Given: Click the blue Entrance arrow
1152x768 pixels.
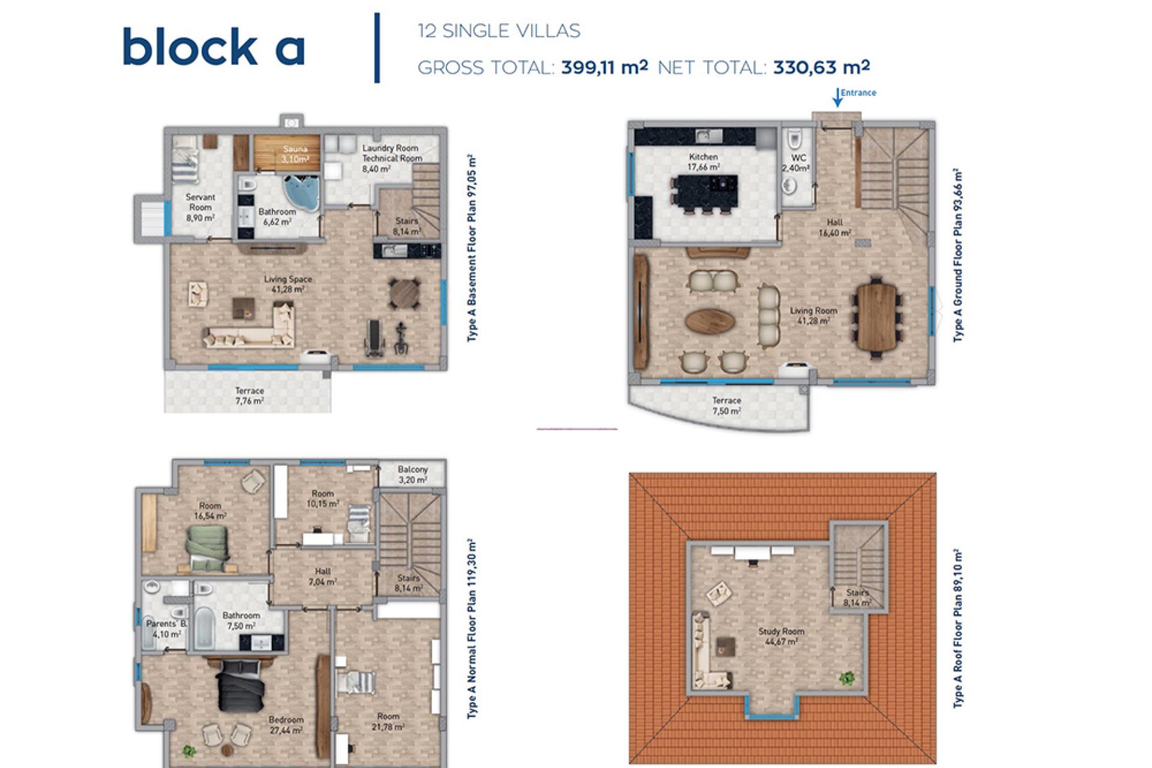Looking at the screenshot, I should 838,98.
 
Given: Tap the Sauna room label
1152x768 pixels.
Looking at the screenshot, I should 295,154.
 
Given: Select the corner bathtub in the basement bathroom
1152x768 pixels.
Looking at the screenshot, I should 302,193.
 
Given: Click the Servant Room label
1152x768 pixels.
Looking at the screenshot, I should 200,207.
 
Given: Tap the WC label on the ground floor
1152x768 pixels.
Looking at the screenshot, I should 797,163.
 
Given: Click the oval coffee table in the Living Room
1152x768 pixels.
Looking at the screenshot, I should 710,321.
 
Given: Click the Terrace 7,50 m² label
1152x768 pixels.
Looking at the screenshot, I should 726,406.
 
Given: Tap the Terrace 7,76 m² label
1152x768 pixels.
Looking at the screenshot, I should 249,395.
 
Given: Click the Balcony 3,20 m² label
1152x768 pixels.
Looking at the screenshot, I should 413,474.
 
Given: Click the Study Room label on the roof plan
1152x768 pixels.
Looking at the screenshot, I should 781,636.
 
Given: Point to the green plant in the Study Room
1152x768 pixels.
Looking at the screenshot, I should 847,678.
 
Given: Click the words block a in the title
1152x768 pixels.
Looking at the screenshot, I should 214,47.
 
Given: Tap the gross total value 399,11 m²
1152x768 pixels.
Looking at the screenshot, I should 604,67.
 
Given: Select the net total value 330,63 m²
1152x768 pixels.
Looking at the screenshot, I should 821,67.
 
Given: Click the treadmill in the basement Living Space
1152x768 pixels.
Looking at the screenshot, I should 374,338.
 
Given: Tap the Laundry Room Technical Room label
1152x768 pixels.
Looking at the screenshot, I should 391,158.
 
